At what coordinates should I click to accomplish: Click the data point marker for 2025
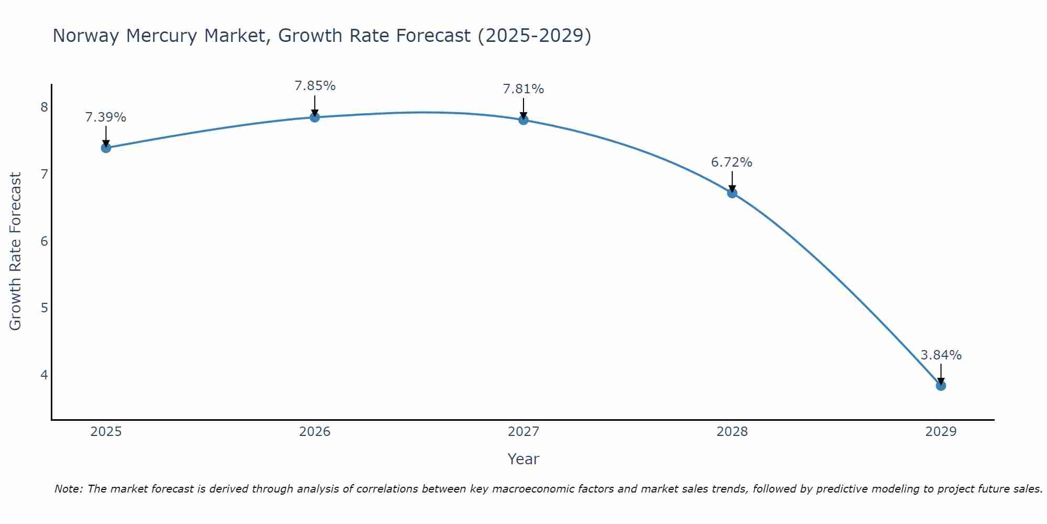(x=106, y=148)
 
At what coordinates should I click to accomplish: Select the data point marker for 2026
(x=315, y=117)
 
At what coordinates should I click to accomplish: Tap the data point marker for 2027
(x=523, y=120)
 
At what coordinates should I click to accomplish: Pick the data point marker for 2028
(x=732, y=193)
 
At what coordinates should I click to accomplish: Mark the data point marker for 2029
(x=941, y=386)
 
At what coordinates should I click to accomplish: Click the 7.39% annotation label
(x=106, y=117)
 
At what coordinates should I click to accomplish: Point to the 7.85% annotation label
(x=315, y=86)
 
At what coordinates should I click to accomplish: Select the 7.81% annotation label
(x=523, y=89)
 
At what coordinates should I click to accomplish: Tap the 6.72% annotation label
(x=731, y=162)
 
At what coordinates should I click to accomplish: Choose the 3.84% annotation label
(x=941, y=355)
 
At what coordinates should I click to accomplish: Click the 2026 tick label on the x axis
(x=315, y=432)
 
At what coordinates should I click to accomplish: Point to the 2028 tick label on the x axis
(x=732, y=432)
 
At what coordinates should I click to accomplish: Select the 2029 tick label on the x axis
(x=941, y=432)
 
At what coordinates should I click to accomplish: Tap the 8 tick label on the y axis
(x=44, y=107)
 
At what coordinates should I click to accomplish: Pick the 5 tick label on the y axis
(x=44, y=308)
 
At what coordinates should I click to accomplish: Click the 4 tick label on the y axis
(x=44, y=375)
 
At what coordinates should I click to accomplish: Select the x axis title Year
(x=523, y=459)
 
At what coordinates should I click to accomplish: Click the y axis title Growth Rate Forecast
(x=16, y=252)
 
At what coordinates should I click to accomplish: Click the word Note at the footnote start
(x=68, y=489)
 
